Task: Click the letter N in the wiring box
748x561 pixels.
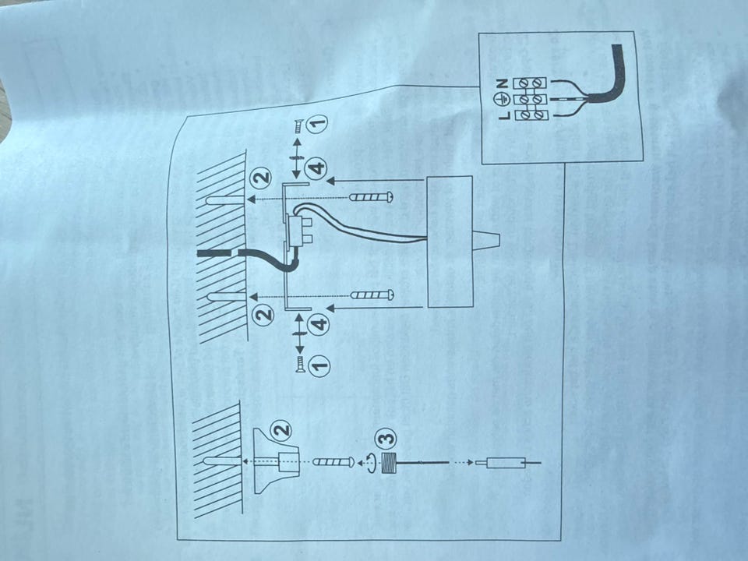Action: point(502,84)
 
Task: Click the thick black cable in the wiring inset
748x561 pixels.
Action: point(606,80)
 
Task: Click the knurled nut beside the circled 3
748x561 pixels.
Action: point(390,463)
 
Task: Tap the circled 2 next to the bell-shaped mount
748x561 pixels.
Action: point(281,430)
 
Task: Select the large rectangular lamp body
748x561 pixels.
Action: point(450,242)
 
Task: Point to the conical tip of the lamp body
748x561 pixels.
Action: point(486,242)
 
